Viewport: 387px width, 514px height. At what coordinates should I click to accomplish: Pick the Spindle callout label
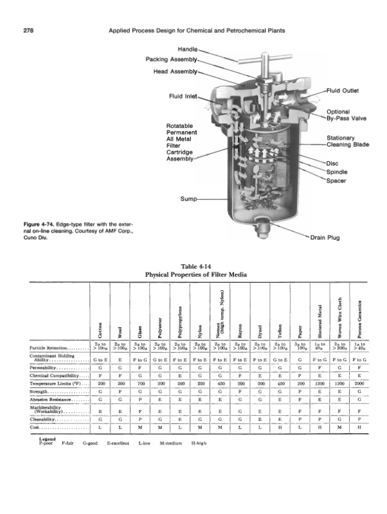pyautogui.click(x=337, y=171)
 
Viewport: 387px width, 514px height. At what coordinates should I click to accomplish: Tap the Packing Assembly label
pyautogui.click(x=173, y=59)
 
